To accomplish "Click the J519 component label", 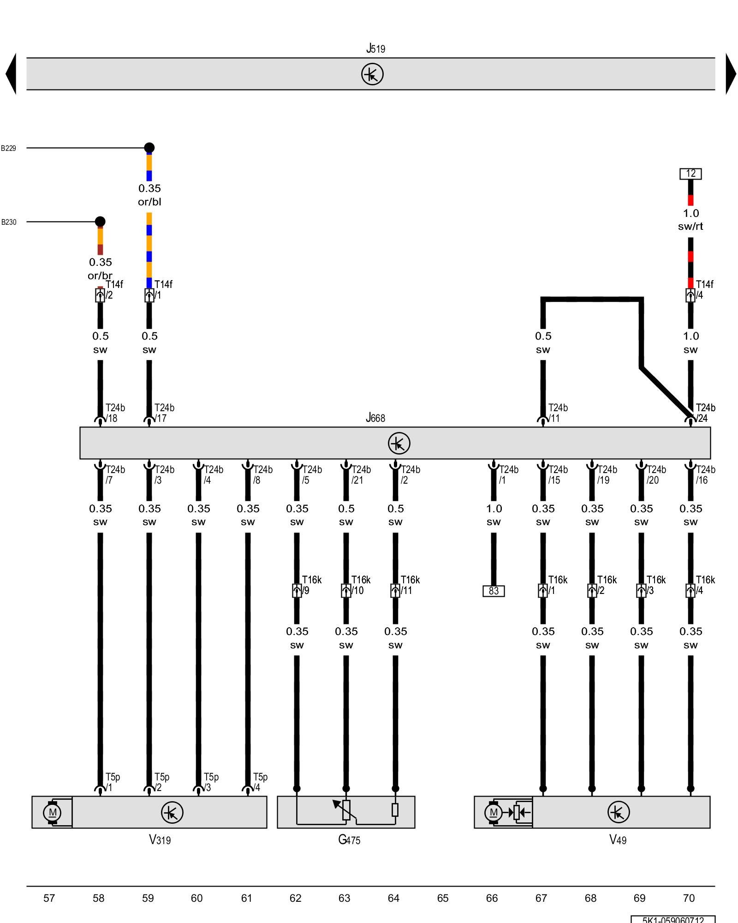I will [x=375, y=48].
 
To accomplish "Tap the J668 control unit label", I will [x=375, y=418].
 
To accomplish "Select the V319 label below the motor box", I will [x=160, y=839].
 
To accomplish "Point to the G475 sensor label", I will [x=349, y=839].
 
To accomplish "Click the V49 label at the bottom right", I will [x=618, y=839].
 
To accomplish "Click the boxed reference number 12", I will [x=690, y=174].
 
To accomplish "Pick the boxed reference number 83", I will [x=494, y=591].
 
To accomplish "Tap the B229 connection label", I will [x=8, y=148].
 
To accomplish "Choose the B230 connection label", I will [x=8, y=222].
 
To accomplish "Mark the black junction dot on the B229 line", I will [x=149, y=148].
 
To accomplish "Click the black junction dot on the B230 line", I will [x=100, y=222].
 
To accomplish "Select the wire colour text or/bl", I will [x=149, y=202].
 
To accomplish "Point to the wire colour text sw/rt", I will [x=690, y=226].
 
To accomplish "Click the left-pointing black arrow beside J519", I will [x=11, y=74].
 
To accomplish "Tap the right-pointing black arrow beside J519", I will [x=731, y=74].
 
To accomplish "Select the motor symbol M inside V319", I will [x=52, y=812].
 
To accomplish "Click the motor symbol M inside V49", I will [x=494, y=812].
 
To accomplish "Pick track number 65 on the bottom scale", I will [x=443, y=898].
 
